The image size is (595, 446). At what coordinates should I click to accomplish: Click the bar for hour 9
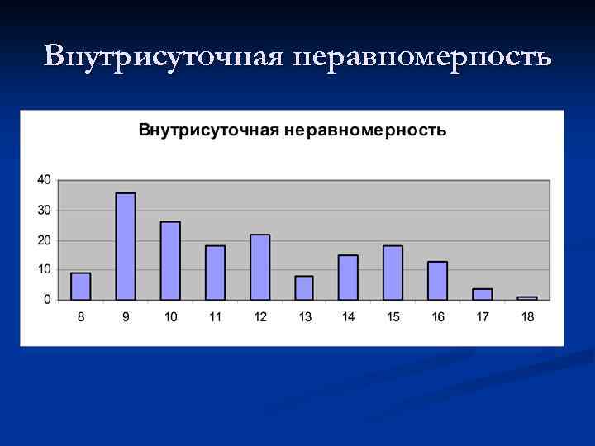pyautogui.click(x=126, y=246)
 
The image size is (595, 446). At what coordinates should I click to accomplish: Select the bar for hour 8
pyautogui.click(x=81, y=286)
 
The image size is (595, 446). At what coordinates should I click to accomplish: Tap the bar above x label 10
pyautogui.click(x=170, y=260)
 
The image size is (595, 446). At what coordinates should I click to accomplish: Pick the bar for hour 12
pyautogui.click(x=260, y=267)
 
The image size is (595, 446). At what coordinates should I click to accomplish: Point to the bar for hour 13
pyautogui.click(x=304, y=287)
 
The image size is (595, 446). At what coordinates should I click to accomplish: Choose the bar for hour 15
pyautogui.click(x=393, y=273)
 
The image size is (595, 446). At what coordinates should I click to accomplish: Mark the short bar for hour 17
pyautogui.click(x=483, y=294)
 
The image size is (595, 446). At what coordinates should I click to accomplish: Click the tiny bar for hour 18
pyautogui.click(x=527, y=297)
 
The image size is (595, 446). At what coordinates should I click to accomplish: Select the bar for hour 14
pyautogui.click(x=349, y=278)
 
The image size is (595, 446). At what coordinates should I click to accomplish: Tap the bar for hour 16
pyautogui.click(x=438, y=280)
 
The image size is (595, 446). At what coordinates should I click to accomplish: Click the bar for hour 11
pyautogui.click(x=215, y=273)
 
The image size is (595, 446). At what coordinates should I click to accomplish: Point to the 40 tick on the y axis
pyautogui.click(x=44, y=179)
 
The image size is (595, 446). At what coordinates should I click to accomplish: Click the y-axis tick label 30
pyautogui.click(x=44, y=210)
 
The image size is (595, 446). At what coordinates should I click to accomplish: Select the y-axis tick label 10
pyautogui.click(x=44, y=269)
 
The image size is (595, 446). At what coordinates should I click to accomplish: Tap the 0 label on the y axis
pyautogui.click(x=47, y=299)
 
